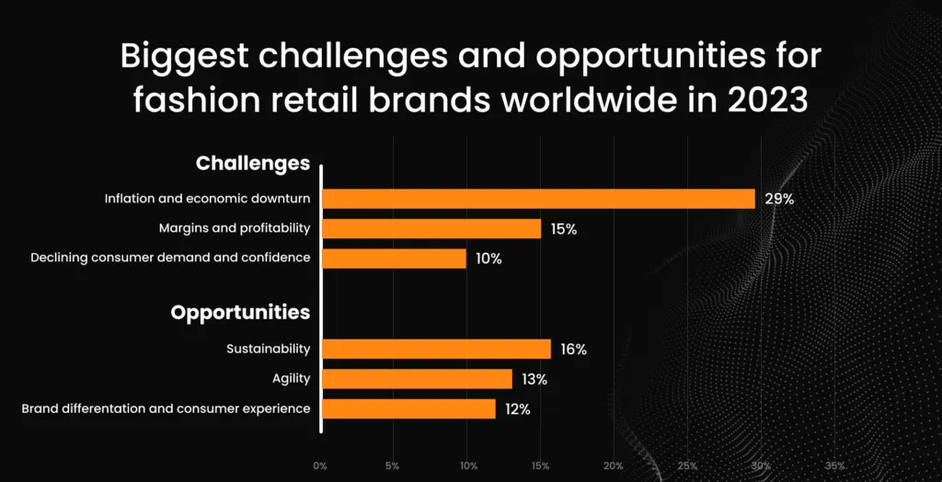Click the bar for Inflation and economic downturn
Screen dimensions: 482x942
(x=538, y=199)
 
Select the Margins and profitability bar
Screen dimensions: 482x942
(x=431, y=228)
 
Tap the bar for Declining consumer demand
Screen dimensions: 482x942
(x=394, y=258)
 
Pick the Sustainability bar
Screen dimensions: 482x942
(x=436, y=349)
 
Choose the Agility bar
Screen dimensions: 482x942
(x=417, y=379)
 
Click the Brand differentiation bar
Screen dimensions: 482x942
(x=408, y=408)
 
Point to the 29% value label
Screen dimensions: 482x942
(x=779, y=199)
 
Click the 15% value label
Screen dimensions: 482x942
(x=564, y=229)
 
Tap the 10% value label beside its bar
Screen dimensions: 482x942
(x=488, y=258)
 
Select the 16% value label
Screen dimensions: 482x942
(x=573, y=350)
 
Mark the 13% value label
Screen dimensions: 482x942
(x=534, y=379)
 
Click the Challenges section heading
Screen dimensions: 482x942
(x=253, y=164)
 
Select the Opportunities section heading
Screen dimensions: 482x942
(x=240, y=313)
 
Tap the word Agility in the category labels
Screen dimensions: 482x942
(x=291, y=379)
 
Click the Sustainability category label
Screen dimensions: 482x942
(x=268, y=350)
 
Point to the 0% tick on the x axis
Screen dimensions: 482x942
(x=320, y=465)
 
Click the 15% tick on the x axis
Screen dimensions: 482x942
(x=541, y=465)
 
